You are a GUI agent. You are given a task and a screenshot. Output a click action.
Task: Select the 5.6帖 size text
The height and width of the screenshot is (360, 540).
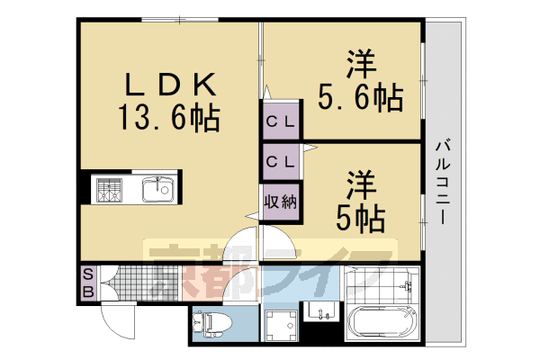(x=357, y=96)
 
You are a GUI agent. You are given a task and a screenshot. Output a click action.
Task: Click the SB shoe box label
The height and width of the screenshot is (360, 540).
(x=88, y=283)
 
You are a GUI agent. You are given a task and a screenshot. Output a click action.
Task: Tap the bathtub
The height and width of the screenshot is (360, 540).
(x=382, y=320)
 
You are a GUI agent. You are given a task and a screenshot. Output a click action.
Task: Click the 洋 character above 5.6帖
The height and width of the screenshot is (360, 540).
(x=358, y=67)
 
